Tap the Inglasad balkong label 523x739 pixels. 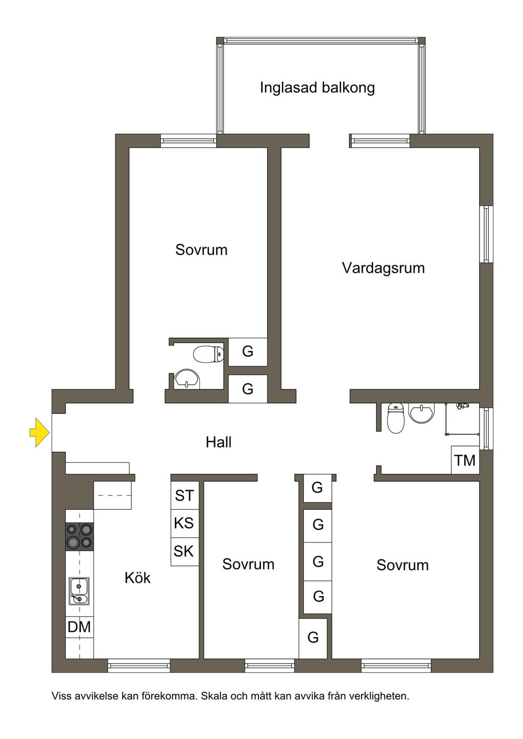point(317,88)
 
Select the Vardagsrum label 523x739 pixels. point(384,268)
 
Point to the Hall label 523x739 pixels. point(219,442)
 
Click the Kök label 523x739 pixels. point(138,578)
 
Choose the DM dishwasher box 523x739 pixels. point(80,627)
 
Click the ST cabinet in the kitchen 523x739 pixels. point(185,495)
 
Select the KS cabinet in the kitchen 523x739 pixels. point(185,524)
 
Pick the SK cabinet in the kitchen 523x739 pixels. point(185,552)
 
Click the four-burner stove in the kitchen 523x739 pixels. point(80,536)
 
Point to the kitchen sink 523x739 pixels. point(79,591)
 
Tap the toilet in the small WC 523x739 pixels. point(208,354)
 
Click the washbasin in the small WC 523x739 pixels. point(187,379)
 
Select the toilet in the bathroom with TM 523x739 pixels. point(396,418)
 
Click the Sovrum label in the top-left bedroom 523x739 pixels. point(201,250)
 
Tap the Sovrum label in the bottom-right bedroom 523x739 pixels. point(403,565)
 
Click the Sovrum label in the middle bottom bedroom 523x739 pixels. point(248,564)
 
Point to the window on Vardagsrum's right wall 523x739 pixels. point(486,234)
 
